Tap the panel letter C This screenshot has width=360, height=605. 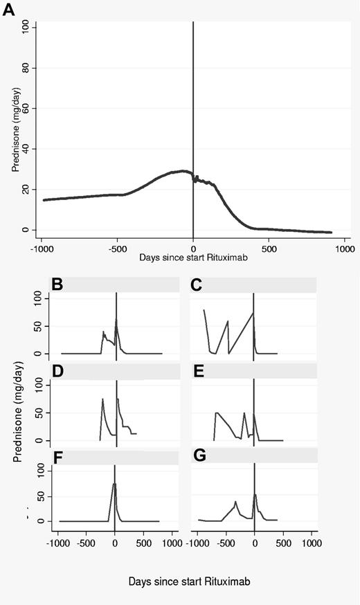197,284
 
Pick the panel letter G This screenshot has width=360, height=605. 197,458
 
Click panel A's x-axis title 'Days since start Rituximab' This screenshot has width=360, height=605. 192,258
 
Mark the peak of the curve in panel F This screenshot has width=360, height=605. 114,484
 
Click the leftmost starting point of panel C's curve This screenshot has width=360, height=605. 204,310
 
